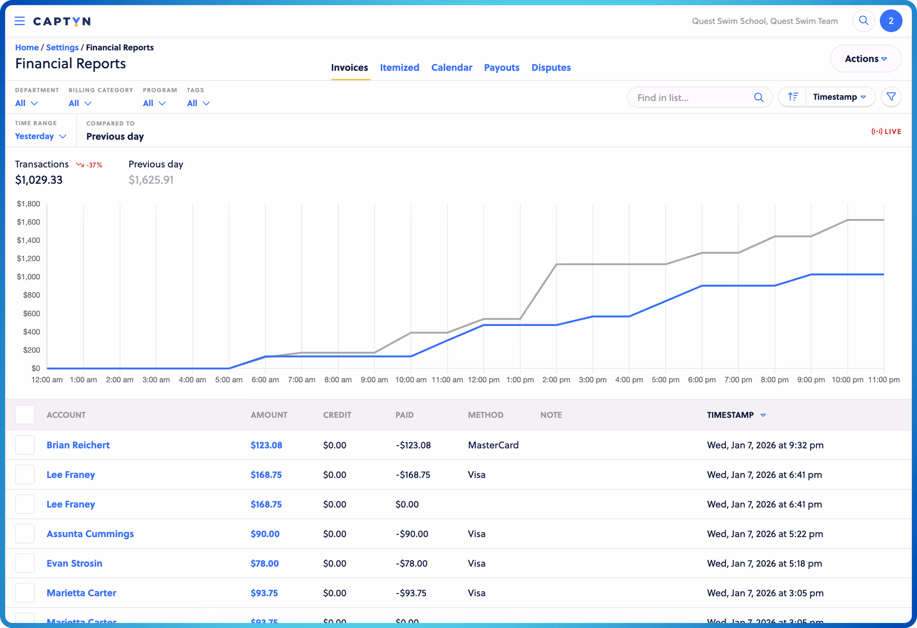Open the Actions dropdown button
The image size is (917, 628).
click(865, 59)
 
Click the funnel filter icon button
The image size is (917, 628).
click(891, 97)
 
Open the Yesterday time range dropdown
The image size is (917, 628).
click(40, 137)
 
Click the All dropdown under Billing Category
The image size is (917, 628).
click(80, 103)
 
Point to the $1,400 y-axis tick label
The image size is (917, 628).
click(28, 240)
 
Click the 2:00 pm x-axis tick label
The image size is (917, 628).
click(556, 380)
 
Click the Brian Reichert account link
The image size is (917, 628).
click(78, 445)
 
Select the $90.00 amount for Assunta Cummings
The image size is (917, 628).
click(265, 534)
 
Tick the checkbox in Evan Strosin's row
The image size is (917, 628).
click(25, 564)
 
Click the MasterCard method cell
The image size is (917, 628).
click(493, 445)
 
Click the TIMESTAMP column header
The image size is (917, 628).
click(730, 415)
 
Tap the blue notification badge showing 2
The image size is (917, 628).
click(891, 21)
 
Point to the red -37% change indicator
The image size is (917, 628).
click(89, 165)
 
